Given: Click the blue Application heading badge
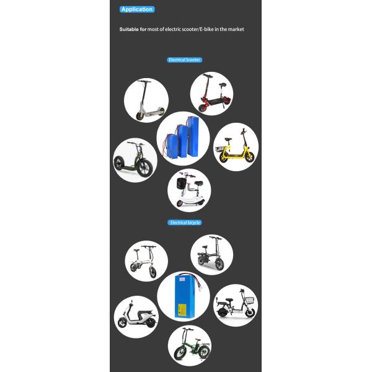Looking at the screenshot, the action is pyautogui.click(x=137, y=9).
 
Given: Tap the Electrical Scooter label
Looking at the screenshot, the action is pyautogui.click(x=185, y=60).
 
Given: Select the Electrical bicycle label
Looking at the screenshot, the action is pyautogui.click(x=185, y=223).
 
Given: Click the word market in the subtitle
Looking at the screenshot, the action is pyautogui.click(x=236, y=29).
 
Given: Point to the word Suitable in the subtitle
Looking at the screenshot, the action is pyautogui.click(x=129, y=29).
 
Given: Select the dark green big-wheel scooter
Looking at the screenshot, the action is pyautogui.click(x=133, y=159).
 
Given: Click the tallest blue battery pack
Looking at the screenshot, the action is pyautogui.click(x=193, y=136).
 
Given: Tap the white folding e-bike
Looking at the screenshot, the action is pyautogui.click(x=144, y=262).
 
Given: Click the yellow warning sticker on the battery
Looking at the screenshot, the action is pyautogui.click(x=182, y=310).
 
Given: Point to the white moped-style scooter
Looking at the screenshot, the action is pyautogui.click(x=137, y=315).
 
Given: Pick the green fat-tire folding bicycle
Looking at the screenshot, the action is pyautogui.click(x=192, y=345).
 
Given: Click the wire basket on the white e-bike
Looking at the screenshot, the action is pyautogui.click(x=249, y=300).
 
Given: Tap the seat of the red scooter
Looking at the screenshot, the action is pyautogui.click(x=223, y=85).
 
